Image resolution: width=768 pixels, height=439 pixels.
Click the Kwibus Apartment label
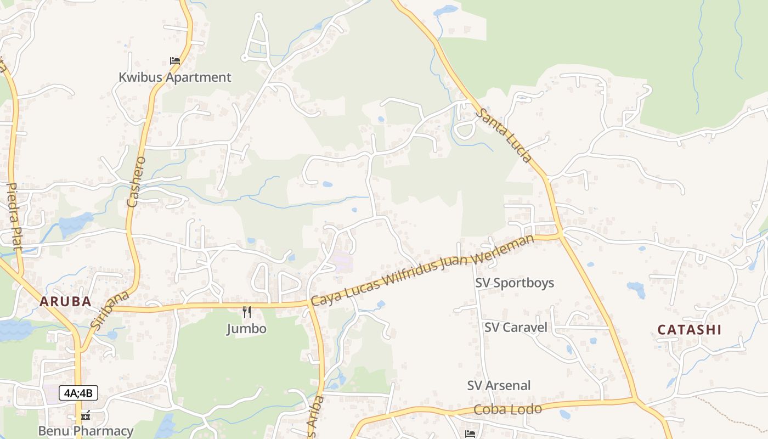click(175, 77)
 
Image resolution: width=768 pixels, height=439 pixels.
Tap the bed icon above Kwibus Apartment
click(175, 60)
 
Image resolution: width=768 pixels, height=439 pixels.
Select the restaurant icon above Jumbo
click(247, 312)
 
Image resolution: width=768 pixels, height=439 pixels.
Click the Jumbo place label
click(247, 329)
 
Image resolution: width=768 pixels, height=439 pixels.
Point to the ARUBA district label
click(65, 301)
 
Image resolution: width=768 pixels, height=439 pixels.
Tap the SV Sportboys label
click(515, 283)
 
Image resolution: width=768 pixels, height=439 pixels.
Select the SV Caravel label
click(516, 328)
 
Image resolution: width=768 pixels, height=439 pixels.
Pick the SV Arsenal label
click(499, 385)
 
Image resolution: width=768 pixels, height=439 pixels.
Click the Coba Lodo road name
click(507, 409)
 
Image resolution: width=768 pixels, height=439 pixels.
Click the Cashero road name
click(136, 181)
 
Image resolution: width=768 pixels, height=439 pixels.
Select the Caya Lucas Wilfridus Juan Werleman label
click(422, 271)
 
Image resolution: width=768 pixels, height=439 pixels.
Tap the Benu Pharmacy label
click(86, 431)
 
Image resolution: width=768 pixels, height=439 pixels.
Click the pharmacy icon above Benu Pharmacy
click(86, 415)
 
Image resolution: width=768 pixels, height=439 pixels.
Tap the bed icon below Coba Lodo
click(470, 434)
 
